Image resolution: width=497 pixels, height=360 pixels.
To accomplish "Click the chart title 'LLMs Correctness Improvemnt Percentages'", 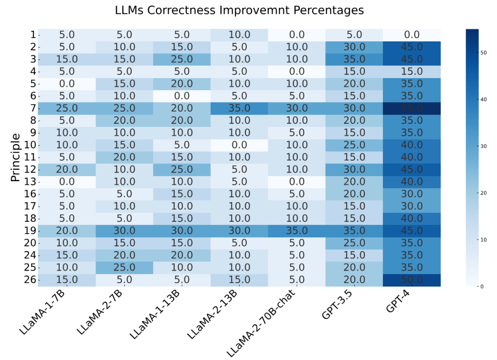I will (239, 10).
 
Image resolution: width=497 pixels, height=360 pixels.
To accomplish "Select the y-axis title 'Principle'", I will (15, 157).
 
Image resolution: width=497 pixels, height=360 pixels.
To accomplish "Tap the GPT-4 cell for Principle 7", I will (412, 108).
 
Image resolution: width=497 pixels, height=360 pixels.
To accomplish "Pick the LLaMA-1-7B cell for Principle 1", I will (67, 34).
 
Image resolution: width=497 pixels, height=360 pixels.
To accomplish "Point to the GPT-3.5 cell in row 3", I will (354, 59).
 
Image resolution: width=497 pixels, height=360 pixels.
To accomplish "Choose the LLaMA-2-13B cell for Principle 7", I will (239, 108).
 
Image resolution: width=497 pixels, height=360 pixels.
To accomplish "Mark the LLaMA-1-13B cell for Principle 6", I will (182, 96).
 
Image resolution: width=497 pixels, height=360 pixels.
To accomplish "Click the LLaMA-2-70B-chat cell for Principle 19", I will (297, 231).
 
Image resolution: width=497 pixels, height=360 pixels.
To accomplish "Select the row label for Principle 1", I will (33, 34).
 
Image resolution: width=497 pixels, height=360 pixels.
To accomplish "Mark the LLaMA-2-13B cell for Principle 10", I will (239, 145).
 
